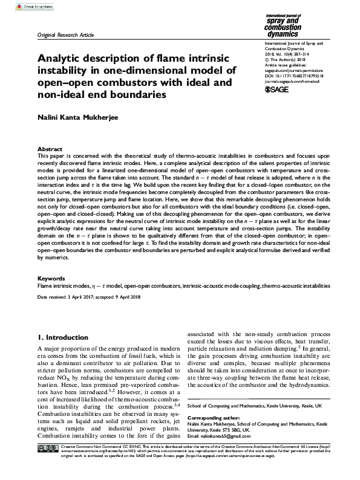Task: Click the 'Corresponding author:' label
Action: (214, 418)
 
